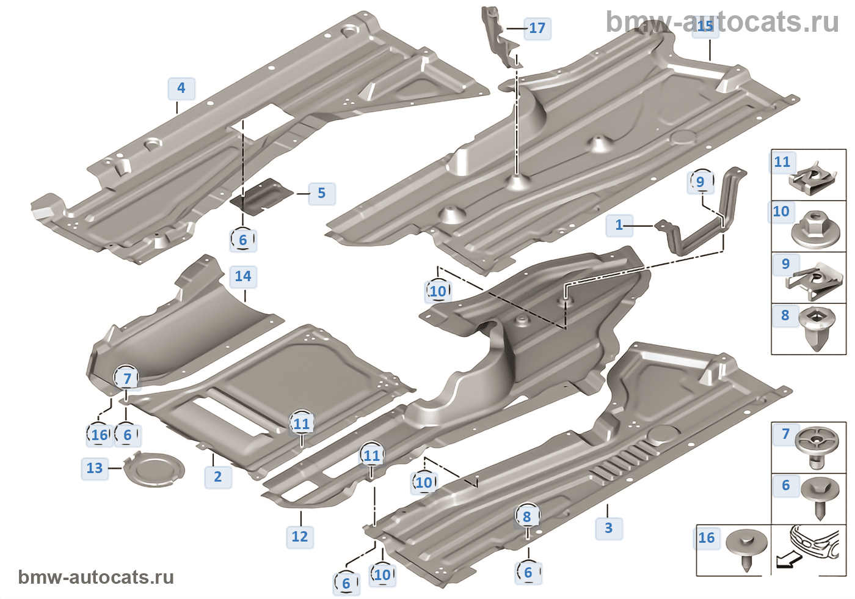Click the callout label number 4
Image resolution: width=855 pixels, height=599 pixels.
pos(181,88)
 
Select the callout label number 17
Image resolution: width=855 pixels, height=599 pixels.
pos(537,28)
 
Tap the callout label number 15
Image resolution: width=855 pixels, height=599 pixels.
pos(705,26)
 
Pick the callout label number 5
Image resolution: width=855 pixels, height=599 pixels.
pos(321,193)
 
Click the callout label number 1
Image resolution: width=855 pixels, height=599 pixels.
pos(619,225)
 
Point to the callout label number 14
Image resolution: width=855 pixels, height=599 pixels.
pos(243,276)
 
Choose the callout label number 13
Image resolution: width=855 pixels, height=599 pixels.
pos(95,468)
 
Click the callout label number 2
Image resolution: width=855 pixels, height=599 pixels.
pos(218,477)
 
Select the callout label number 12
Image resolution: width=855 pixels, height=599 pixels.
pos(300,537)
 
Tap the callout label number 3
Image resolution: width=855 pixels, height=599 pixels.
pos(608,528)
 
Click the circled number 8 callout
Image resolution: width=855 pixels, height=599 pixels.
pos(527,516)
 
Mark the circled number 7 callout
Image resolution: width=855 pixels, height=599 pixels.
pos(127,379)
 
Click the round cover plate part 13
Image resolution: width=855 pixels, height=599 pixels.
pos(154,469)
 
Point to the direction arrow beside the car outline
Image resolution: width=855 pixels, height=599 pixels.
pos(787,559)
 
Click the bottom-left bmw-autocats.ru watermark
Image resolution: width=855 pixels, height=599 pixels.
pos(96,578)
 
